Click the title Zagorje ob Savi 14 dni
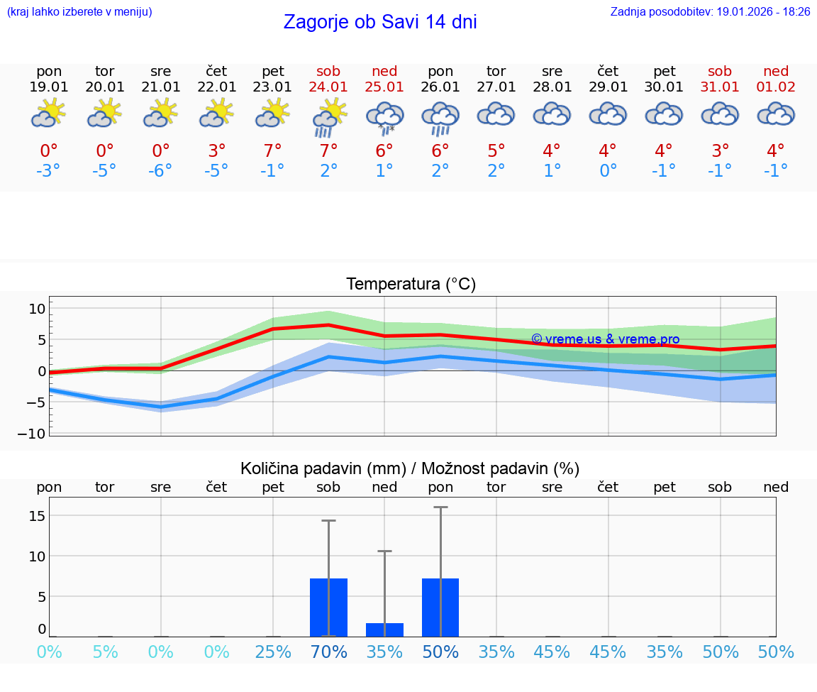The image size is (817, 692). pos(380,22)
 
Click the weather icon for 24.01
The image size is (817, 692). pos(329,117)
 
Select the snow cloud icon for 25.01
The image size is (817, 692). pos(384,117)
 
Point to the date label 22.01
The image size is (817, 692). pos(217,87)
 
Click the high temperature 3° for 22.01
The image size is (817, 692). pos(217,150)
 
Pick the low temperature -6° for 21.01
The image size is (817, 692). pos(161,171)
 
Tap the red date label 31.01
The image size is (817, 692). pos(720,87)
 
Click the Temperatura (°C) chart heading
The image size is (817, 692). pos(411,285)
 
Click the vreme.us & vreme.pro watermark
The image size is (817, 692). pos(605,339)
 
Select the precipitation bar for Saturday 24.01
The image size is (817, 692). pos(329,608)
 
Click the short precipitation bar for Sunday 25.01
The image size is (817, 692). pos(384,630)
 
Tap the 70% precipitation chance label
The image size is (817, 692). pos(329,652)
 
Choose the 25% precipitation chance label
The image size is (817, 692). pos(273,652)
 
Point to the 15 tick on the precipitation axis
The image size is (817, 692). pos(37,515)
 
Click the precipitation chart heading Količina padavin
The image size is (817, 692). pos(410,468)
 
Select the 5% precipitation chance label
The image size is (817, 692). pos(105,652)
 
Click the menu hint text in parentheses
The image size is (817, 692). pos(79,12)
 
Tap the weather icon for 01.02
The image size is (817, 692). pos(776,115)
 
